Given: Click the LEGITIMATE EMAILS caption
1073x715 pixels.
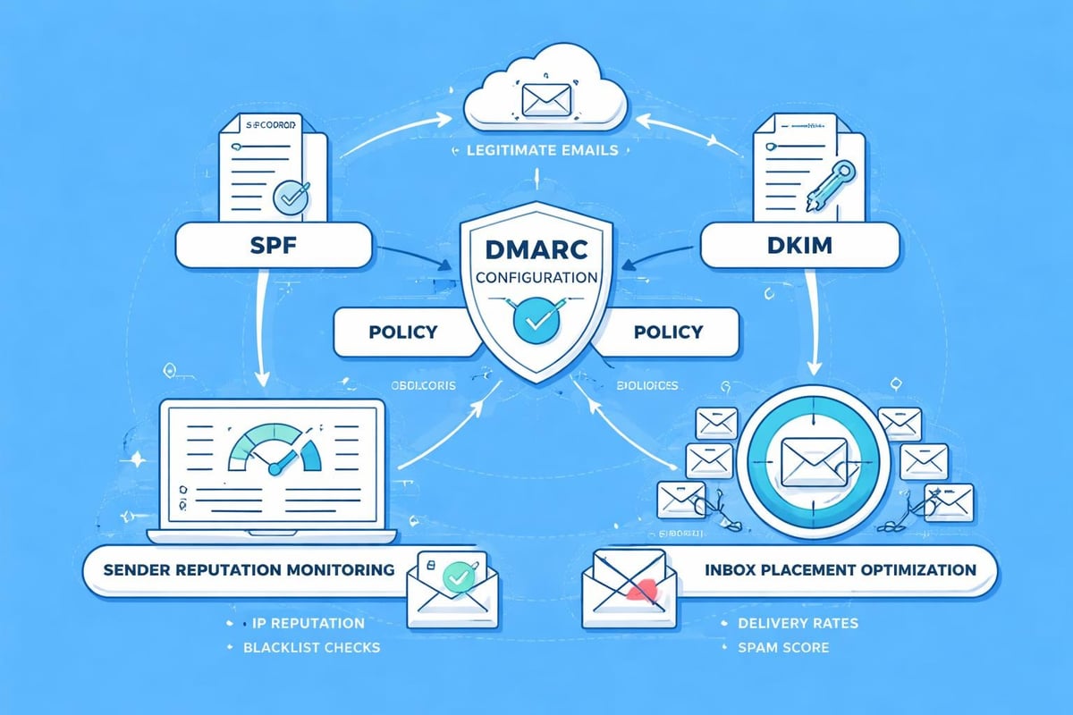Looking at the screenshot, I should tap(542, 150).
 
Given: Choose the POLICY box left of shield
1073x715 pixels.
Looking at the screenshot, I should tap(402, 332).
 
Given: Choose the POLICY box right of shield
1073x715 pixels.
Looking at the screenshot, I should tap(667, 332).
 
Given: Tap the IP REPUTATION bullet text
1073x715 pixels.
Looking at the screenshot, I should tap(303, 623).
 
